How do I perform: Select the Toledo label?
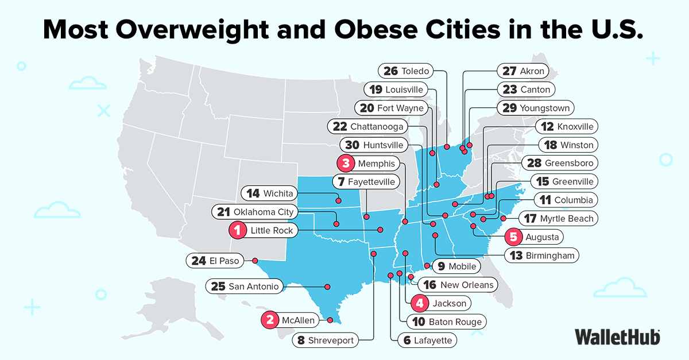[405, 71]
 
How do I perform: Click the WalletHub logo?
[617, 336]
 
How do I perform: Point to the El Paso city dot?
[255, 260]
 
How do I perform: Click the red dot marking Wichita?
[339, 201]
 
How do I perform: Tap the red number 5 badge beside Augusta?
[513, 237]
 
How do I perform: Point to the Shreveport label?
[326, 340]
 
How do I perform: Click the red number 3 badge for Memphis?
[346, 164]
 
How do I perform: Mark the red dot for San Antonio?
[328, 287]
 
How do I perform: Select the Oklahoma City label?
[255, 212]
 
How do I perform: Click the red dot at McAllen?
[331, 320]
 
